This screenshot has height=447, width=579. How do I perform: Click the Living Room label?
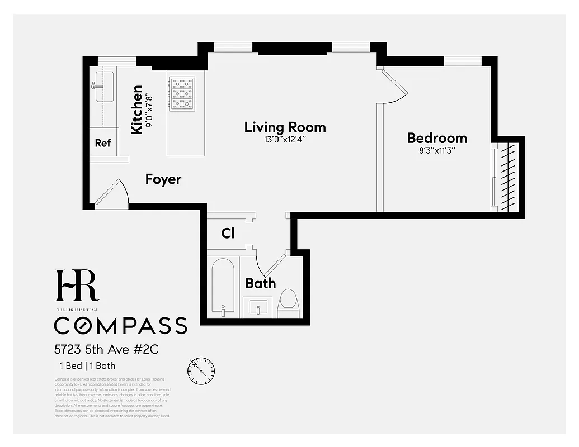coord(285,127)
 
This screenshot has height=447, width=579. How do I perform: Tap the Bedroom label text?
coord(437,139)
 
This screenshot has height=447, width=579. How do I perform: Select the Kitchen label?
coord(136,110)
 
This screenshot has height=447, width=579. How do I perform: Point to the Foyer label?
coord(163,179)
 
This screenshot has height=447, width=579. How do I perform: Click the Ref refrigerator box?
coord(103,143)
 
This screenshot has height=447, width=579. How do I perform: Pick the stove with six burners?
coord(182,92)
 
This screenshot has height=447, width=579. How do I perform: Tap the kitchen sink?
coord(104,87)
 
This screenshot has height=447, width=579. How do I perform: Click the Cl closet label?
coord(228,234)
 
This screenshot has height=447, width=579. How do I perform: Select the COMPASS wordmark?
coord(120,325)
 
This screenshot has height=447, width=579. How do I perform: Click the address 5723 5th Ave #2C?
coord(106,350)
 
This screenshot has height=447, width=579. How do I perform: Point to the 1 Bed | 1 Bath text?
coord(87,367)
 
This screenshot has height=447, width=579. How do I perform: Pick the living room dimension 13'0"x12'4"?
coord(285,140)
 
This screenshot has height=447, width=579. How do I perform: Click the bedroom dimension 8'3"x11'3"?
coord(436,150)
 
